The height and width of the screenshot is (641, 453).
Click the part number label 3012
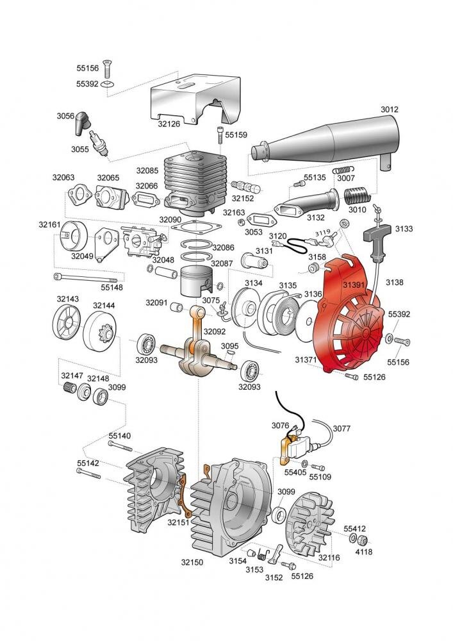(390, 110)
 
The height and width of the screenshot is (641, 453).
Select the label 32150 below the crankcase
(192, 562)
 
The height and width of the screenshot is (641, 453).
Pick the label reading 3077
(342, 428)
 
